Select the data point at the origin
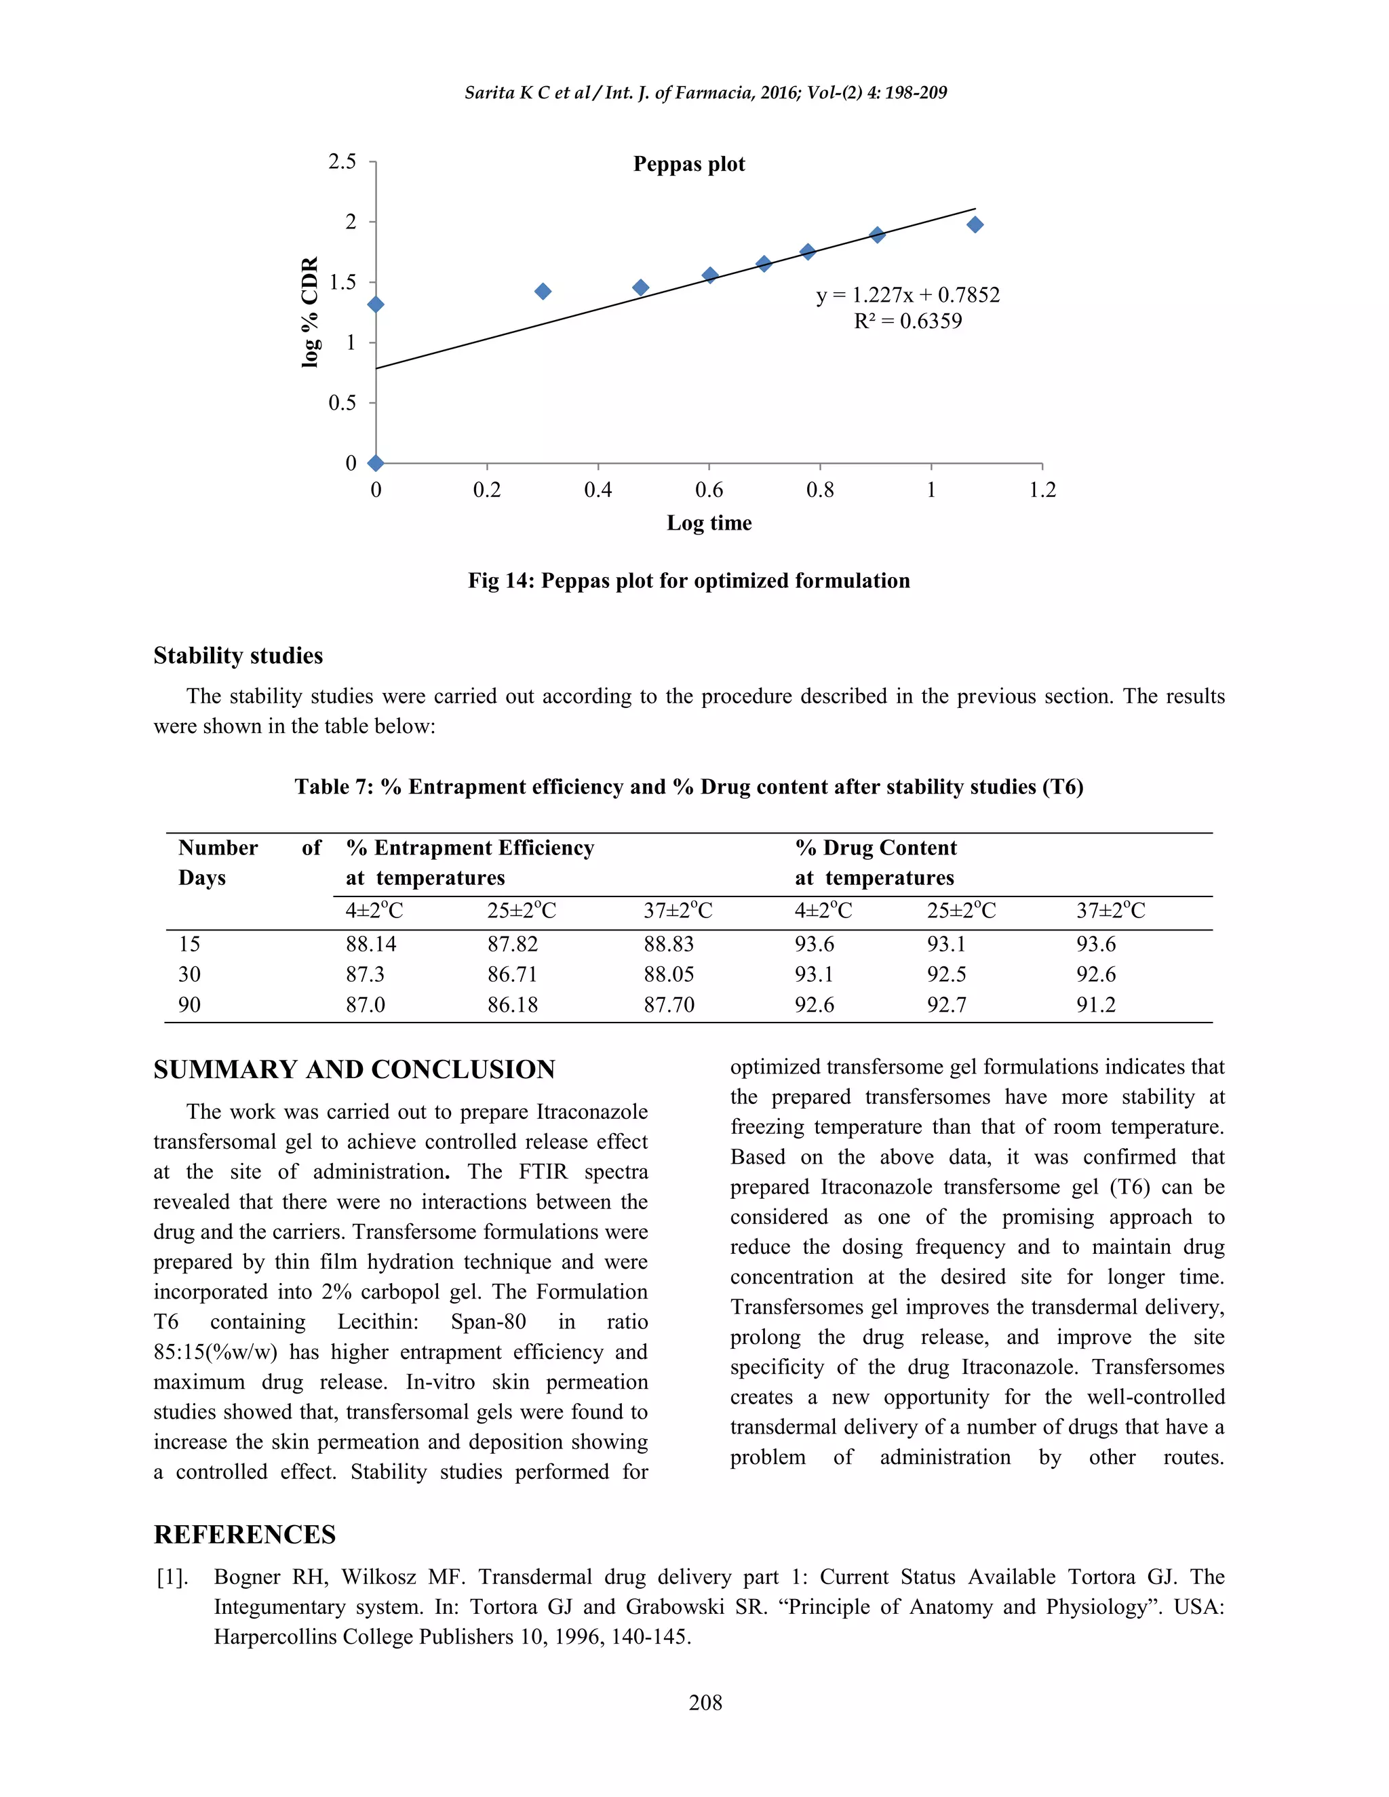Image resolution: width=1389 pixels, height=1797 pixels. point(375,463)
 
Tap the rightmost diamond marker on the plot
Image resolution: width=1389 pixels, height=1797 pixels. point(975,224)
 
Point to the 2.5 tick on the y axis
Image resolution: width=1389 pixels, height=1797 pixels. point(343,161)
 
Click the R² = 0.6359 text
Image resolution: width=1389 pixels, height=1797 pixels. point(907,321)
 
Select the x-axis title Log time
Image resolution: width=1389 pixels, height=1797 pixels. point(709,524)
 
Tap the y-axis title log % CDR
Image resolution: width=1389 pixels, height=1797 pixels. point(309,312)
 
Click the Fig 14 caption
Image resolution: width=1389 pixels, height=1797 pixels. point(689,581)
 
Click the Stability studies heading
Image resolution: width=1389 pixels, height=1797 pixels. point(238,656)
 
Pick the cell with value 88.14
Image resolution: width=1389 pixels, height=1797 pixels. point(370,944)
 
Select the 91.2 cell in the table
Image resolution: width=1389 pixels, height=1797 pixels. point(1095,1005)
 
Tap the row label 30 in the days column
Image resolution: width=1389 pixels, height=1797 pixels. point(189,974)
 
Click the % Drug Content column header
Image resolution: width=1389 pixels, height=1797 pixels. point(876,848)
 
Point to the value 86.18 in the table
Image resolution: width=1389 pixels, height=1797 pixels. point(512,1005)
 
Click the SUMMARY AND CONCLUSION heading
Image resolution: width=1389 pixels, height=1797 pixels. point(354,1069)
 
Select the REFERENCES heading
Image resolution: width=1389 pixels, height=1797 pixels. point(244,1535)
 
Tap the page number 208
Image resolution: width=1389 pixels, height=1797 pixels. point(705,1702)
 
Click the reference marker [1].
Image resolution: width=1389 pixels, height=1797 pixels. point(172,1577)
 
